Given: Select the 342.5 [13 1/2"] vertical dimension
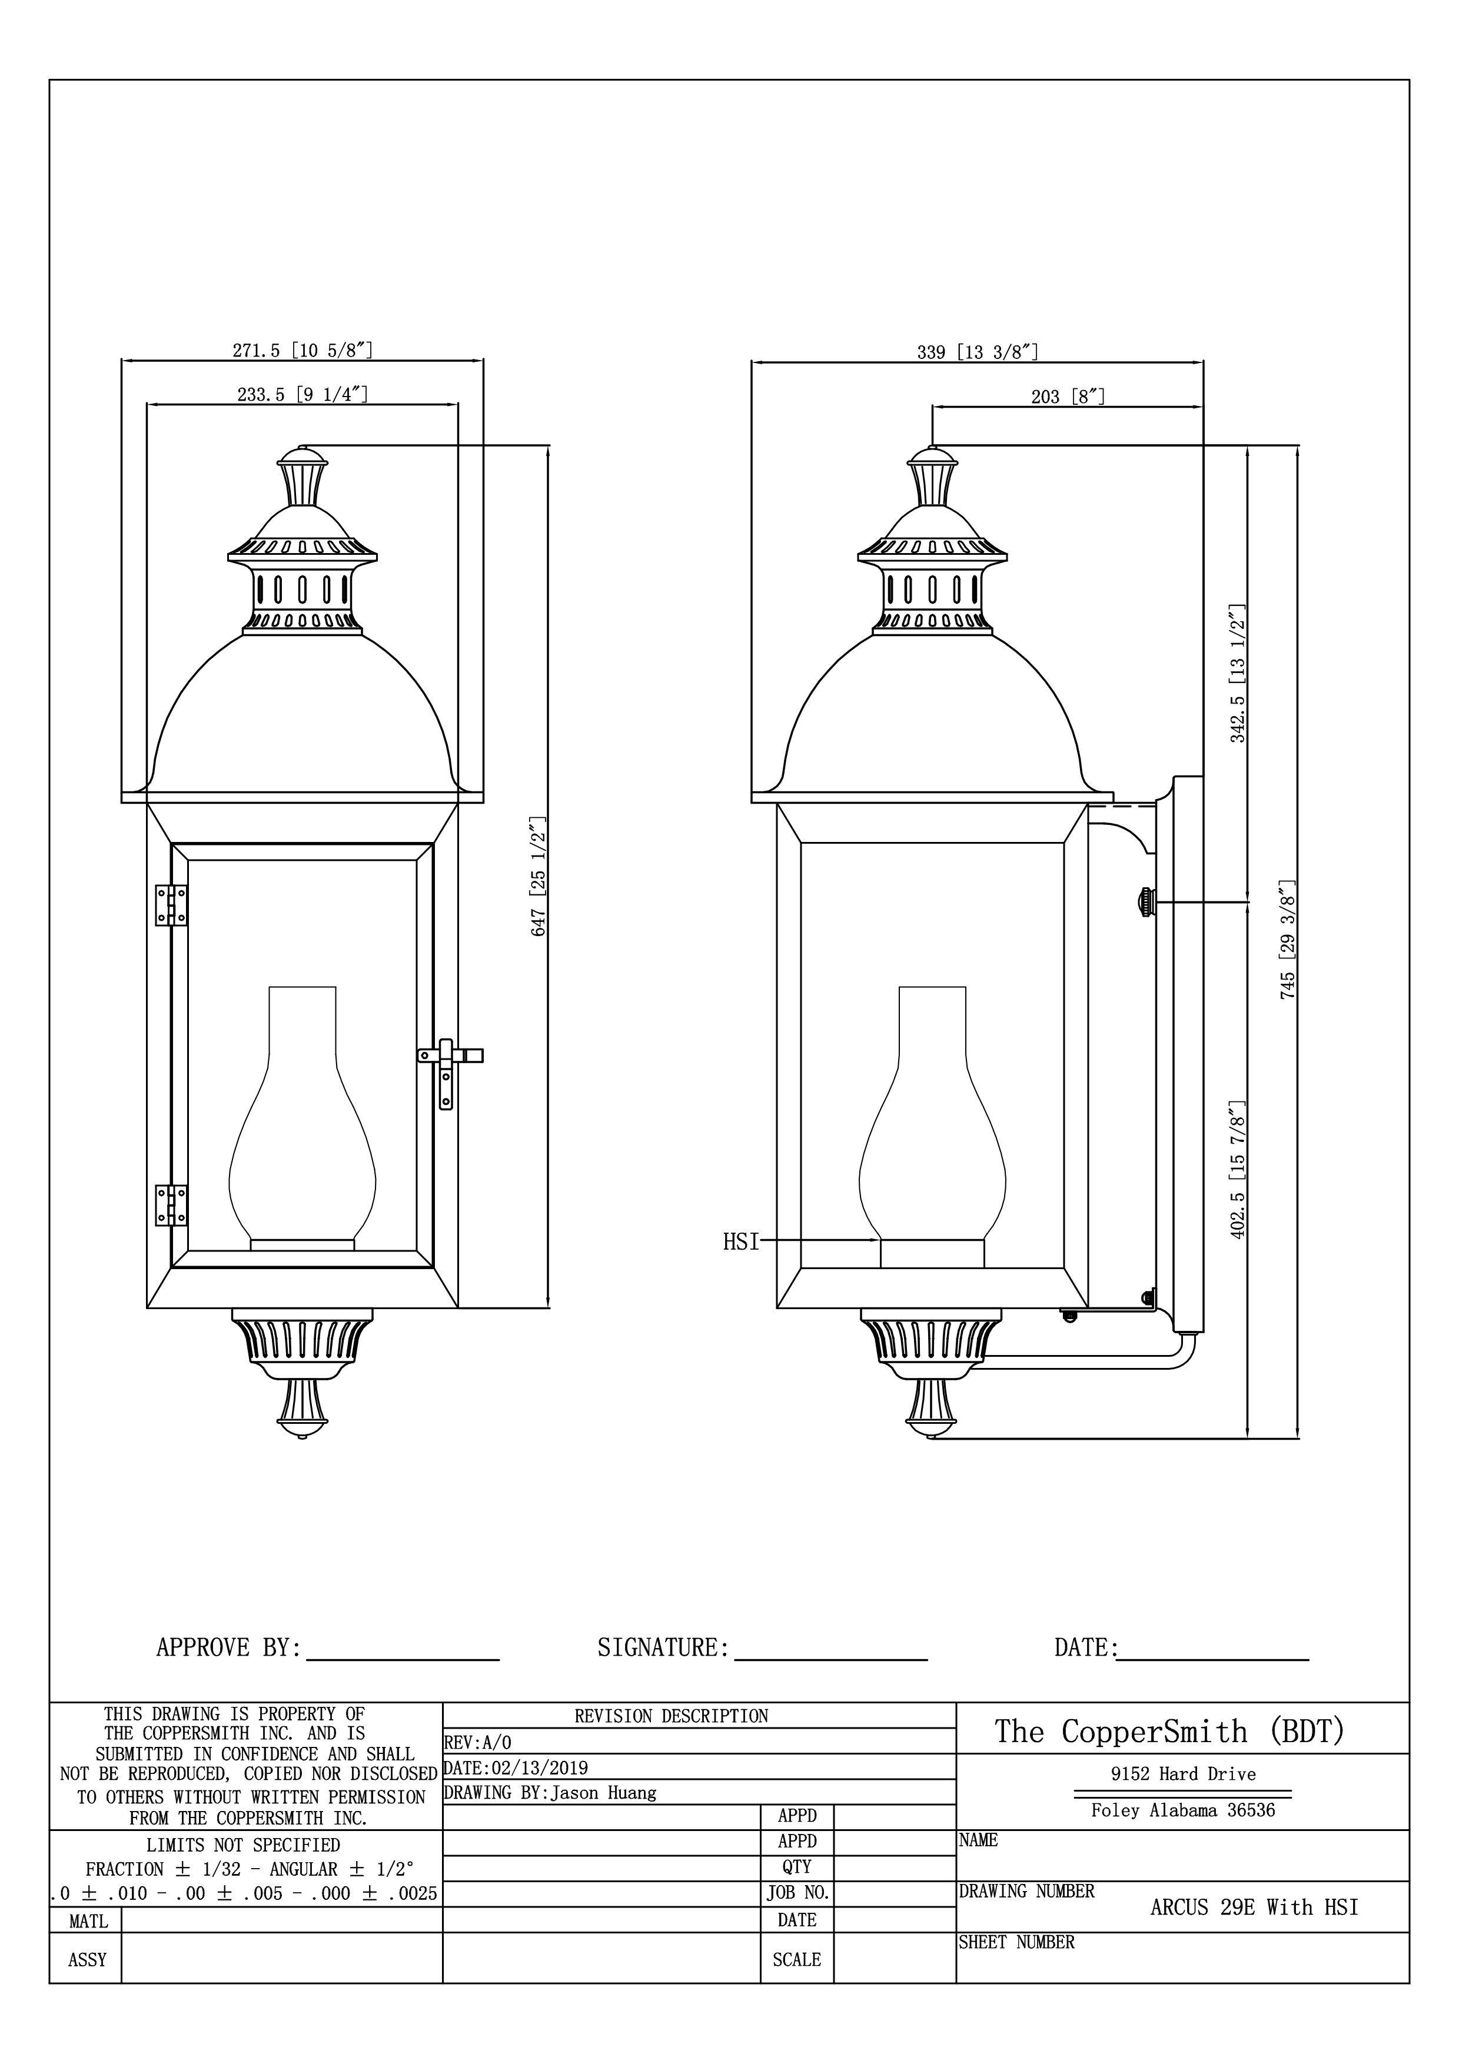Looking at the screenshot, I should coord(1238,673).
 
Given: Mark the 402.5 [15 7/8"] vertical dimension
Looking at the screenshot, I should coord(1238,1170).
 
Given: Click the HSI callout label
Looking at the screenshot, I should coord(741,1243).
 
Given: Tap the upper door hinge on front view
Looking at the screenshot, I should coord(171,906).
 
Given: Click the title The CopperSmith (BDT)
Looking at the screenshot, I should coord(1169,1730).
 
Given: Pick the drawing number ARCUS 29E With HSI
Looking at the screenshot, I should coord(1254,1907).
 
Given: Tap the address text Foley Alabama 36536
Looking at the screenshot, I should coord(1182,1810).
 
